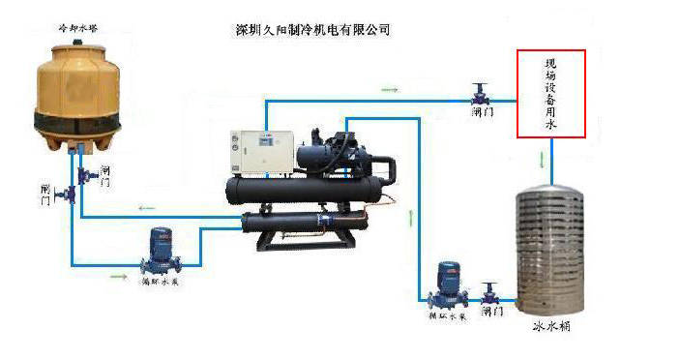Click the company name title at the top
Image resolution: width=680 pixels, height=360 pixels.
click(312, 30)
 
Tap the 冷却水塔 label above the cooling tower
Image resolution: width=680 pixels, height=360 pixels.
click(77, 30)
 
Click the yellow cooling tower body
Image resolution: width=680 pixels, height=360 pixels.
click(77, 92)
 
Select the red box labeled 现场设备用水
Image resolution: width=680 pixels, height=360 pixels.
click(551, 94)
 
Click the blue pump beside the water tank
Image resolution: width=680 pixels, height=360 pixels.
click(447, 284)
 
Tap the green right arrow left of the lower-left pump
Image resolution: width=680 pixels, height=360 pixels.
click(119, 276)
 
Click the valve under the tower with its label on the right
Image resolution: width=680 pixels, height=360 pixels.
click(83, 174)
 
